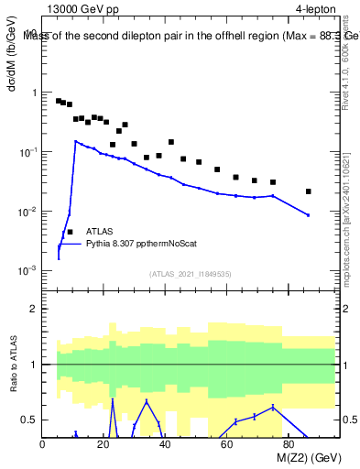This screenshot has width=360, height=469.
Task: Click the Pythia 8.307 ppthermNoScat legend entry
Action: coord(141,244)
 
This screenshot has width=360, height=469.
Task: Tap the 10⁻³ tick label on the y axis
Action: coord(26,271)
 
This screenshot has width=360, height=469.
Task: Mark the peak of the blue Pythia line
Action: coord(76,141)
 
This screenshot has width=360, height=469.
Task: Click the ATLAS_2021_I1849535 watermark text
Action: coord(189,273)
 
